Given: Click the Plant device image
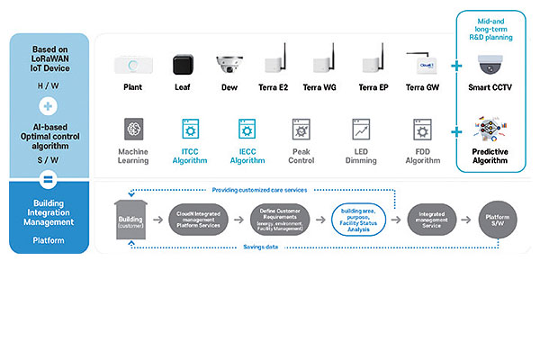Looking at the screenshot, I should click(133, 65).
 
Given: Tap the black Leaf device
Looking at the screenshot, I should click(184, 64).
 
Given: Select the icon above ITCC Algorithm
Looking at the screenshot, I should click(189, 129).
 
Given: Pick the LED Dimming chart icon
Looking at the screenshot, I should click(360, 129).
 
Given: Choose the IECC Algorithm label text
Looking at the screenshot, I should click(246, 156).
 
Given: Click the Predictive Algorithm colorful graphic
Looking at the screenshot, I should click(490, 129).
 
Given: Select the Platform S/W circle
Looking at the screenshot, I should click(497, 220).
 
